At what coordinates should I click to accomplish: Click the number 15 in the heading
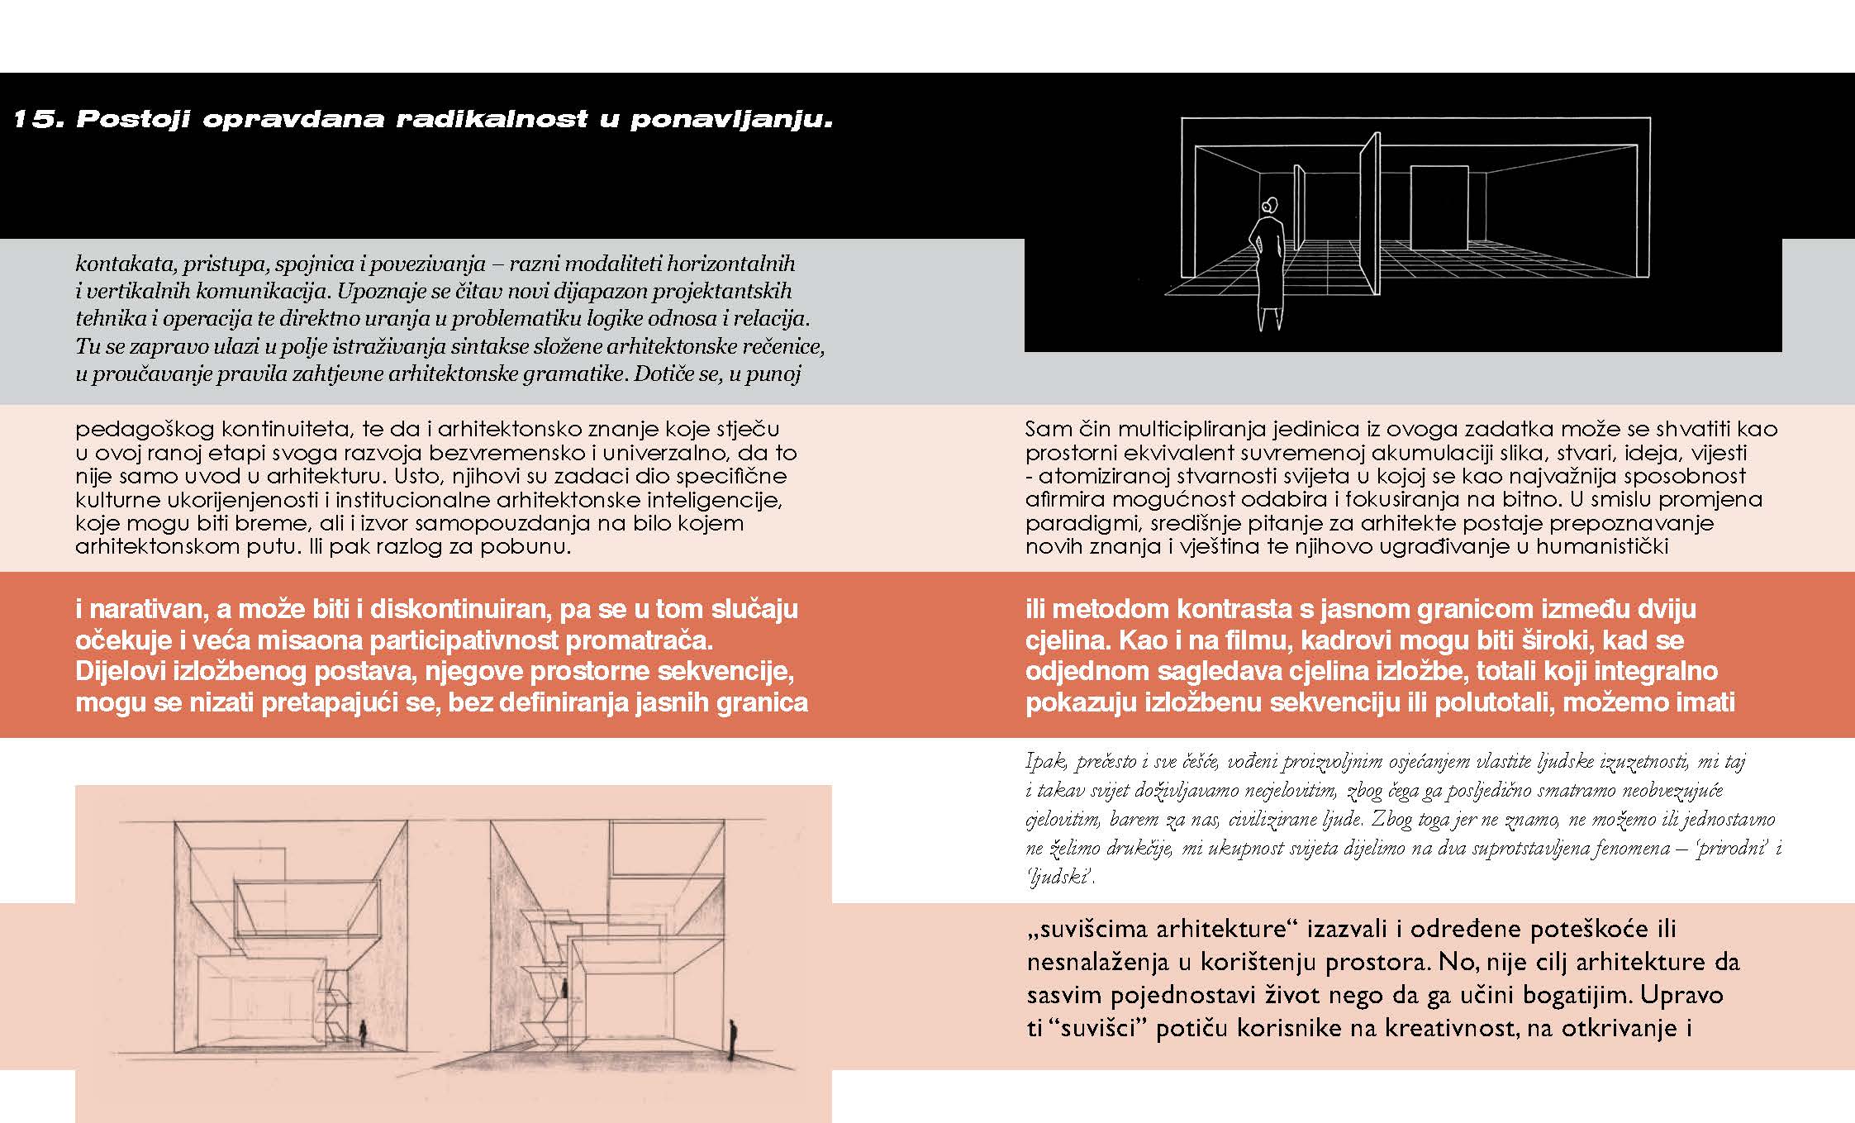click(x=33, y=120)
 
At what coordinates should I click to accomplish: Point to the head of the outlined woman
click(x=1269, y=205)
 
